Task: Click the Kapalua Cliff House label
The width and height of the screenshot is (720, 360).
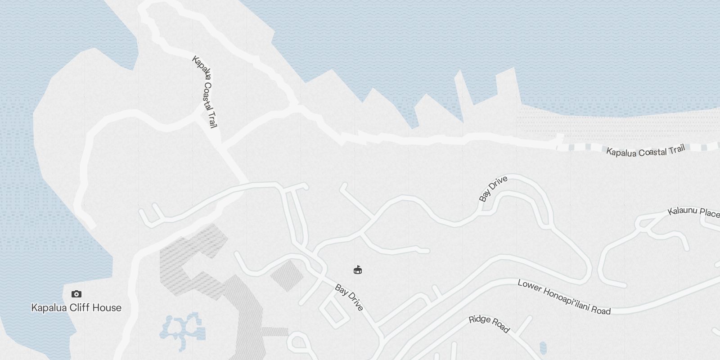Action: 76,308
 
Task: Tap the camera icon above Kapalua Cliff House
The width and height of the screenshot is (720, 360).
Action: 76,294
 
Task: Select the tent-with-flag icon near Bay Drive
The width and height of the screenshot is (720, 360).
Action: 357,270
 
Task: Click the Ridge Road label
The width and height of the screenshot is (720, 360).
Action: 489,324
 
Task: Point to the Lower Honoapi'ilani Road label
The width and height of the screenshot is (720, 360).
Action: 564,297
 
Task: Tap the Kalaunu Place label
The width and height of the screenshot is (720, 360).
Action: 693,212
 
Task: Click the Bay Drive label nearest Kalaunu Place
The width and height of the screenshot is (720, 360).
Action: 493,189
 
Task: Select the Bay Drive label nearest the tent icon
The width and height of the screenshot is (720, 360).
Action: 349,297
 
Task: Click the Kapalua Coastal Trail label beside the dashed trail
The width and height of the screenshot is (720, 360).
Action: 645,151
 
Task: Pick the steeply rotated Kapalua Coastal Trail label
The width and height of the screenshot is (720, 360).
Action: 205,91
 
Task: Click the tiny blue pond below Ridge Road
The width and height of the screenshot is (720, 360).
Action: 543,347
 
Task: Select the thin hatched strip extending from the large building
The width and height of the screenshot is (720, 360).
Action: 274,332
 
